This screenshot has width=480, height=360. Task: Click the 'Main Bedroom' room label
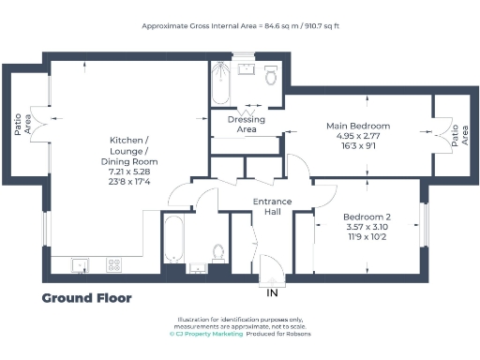click(357, 126)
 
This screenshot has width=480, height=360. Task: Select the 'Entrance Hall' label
click(273, 206)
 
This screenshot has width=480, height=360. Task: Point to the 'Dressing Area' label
click(246, 125)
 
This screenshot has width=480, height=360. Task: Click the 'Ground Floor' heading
click(86, 298)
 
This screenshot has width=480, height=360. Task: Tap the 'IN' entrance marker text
click(273, 293)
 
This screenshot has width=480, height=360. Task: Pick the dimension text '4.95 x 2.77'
click(357, 137)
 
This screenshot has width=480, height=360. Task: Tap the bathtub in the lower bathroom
click(174, 239)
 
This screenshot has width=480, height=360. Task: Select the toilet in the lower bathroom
click(218, 253)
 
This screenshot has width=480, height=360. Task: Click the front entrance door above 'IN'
click(272, 272)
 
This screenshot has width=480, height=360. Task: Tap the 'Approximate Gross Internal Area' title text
click(240, 26)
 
